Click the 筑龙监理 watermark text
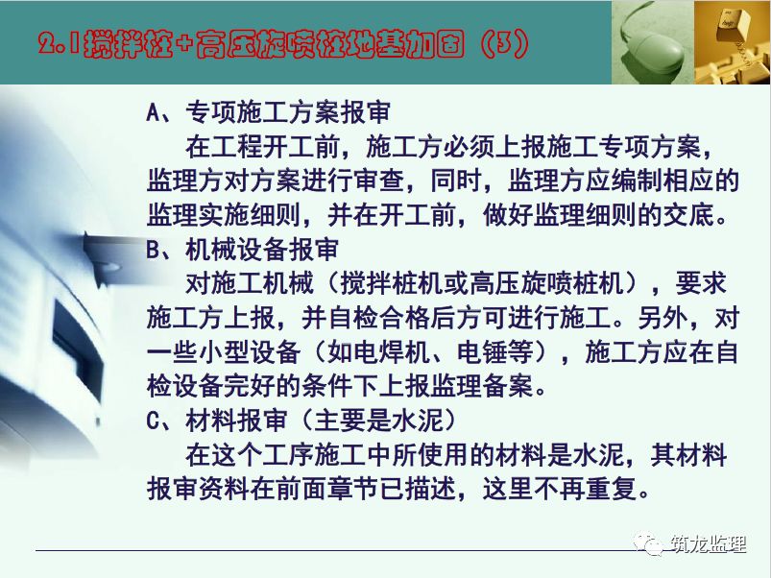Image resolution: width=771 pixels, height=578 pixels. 708,544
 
